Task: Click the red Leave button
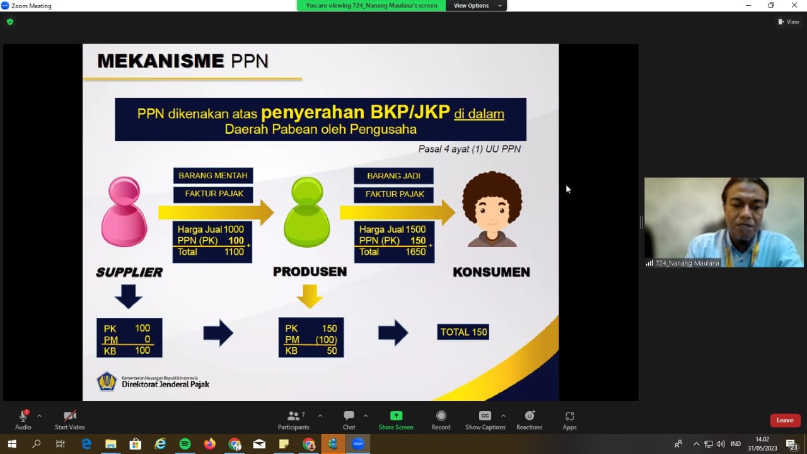(x=785, y=420)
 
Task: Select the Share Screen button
(x=396, y=421)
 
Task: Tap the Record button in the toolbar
(x=441, y=421)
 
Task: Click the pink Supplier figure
(x=124, y=212)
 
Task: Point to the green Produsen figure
(x=307, y=212)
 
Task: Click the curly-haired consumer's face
(x=492, y=214)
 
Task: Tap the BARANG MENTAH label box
(x=213, y=175)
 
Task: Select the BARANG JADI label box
(x=393, y=176)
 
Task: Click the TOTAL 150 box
(x=463, y=332)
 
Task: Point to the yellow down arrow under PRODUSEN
(x=310, y=296)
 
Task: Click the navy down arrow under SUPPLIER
(x=129, y=296)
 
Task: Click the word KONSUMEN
(x=491, y=272)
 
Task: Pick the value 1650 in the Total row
(x=415, y=252)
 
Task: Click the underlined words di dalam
(x=479, y=114)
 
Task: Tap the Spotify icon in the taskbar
(x=185, y=444)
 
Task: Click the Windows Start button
(x=12, y=444)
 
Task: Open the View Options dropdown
(x=476, y=6)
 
